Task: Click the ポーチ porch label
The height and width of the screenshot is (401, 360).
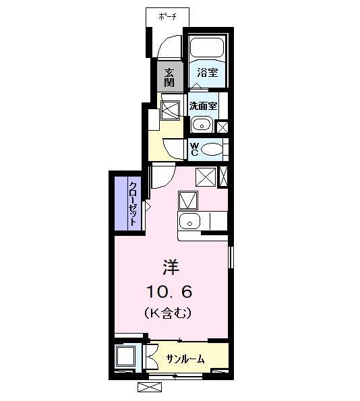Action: (x=167, y=17)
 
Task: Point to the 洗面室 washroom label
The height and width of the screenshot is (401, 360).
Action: (x=202, y=106)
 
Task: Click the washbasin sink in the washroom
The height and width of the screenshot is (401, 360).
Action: (x=201, y=124)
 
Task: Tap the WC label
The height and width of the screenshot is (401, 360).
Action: (x=194, y=149)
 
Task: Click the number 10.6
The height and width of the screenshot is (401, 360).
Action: (x=169, y=291)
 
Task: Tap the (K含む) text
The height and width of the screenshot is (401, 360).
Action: (x=169, y=313)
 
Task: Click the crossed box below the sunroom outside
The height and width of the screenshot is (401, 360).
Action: (x=149, y=387)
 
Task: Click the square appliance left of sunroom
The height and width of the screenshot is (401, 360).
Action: (x=125, y=356)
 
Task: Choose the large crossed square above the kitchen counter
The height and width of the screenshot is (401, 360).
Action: (x=206, y=175)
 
